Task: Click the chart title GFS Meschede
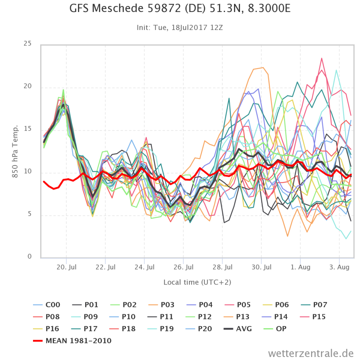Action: click(x=180, y=8)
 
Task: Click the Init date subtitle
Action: click(x=180, y=27)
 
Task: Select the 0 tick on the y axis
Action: click(x=29, y=257)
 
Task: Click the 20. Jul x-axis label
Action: click(x=66, y=267)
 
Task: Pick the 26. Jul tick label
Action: click(x=183, y=267)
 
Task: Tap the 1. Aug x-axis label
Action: click(x=300, y=267)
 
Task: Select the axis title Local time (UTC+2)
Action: click(x=197, y=282)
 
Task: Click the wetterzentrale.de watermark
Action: click(x=311, y=353)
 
